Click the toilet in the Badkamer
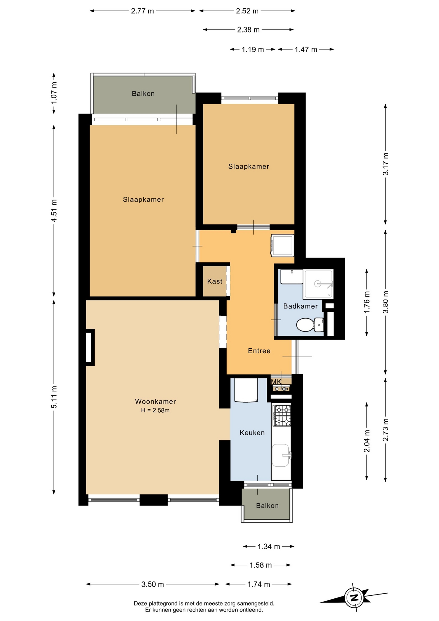310,325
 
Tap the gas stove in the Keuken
282,415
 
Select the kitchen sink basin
281,455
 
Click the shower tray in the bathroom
318,284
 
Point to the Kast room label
215,281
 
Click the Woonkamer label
155,401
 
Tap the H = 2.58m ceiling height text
155,410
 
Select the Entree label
259,351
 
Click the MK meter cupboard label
276,382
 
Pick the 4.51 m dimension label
54,211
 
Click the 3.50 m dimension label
153,584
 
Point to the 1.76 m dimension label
367,302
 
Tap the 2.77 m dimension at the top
142,11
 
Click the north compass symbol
354,597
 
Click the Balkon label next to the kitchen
267,506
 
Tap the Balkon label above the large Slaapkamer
143,93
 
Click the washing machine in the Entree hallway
283,245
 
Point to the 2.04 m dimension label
367,441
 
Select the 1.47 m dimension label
306,49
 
